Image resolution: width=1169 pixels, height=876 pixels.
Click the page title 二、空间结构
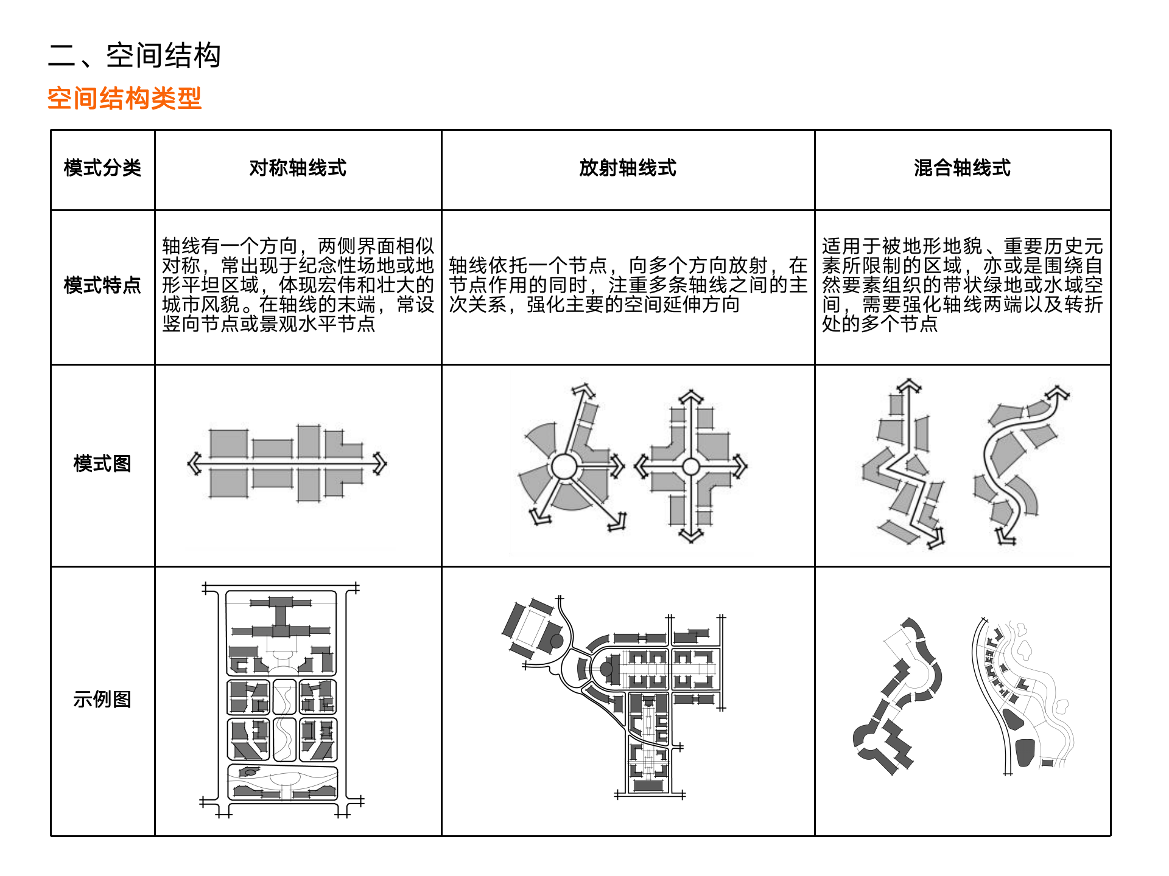tap(134, 55)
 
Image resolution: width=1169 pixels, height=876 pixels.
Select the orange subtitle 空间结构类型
tap(124, 99)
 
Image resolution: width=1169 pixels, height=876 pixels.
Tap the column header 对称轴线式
tap(298, 168)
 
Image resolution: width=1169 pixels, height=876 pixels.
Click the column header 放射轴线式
tap(628, 168)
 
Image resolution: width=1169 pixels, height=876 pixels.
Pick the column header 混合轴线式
tap(962, 168)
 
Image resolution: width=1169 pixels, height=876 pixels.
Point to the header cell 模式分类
tap(102, 168)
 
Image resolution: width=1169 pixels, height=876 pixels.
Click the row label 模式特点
tap(102, 285)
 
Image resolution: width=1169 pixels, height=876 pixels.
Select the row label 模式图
tap(102, 464)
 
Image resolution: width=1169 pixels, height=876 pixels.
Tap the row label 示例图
tap(102, 700)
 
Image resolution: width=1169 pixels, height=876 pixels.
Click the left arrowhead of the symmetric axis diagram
tap(194, 464)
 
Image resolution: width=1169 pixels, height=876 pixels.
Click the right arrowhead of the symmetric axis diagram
tap(381, 464)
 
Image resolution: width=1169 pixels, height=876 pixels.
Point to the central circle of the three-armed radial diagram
tap(563, 467)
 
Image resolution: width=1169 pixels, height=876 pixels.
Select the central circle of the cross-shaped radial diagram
tap(690, 467)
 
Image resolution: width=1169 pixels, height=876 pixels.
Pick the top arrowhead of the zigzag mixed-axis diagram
tap(909, 385)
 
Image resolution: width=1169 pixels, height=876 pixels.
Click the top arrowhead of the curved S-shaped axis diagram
tap(1060, 392)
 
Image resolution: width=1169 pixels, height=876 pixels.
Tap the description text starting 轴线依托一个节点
tap(628, 285)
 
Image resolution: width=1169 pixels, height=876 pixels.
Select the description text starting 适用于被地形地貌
tap(962, 285)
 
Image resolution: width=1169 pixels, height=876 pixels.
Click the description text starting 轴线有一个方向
tap(298, 285)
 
